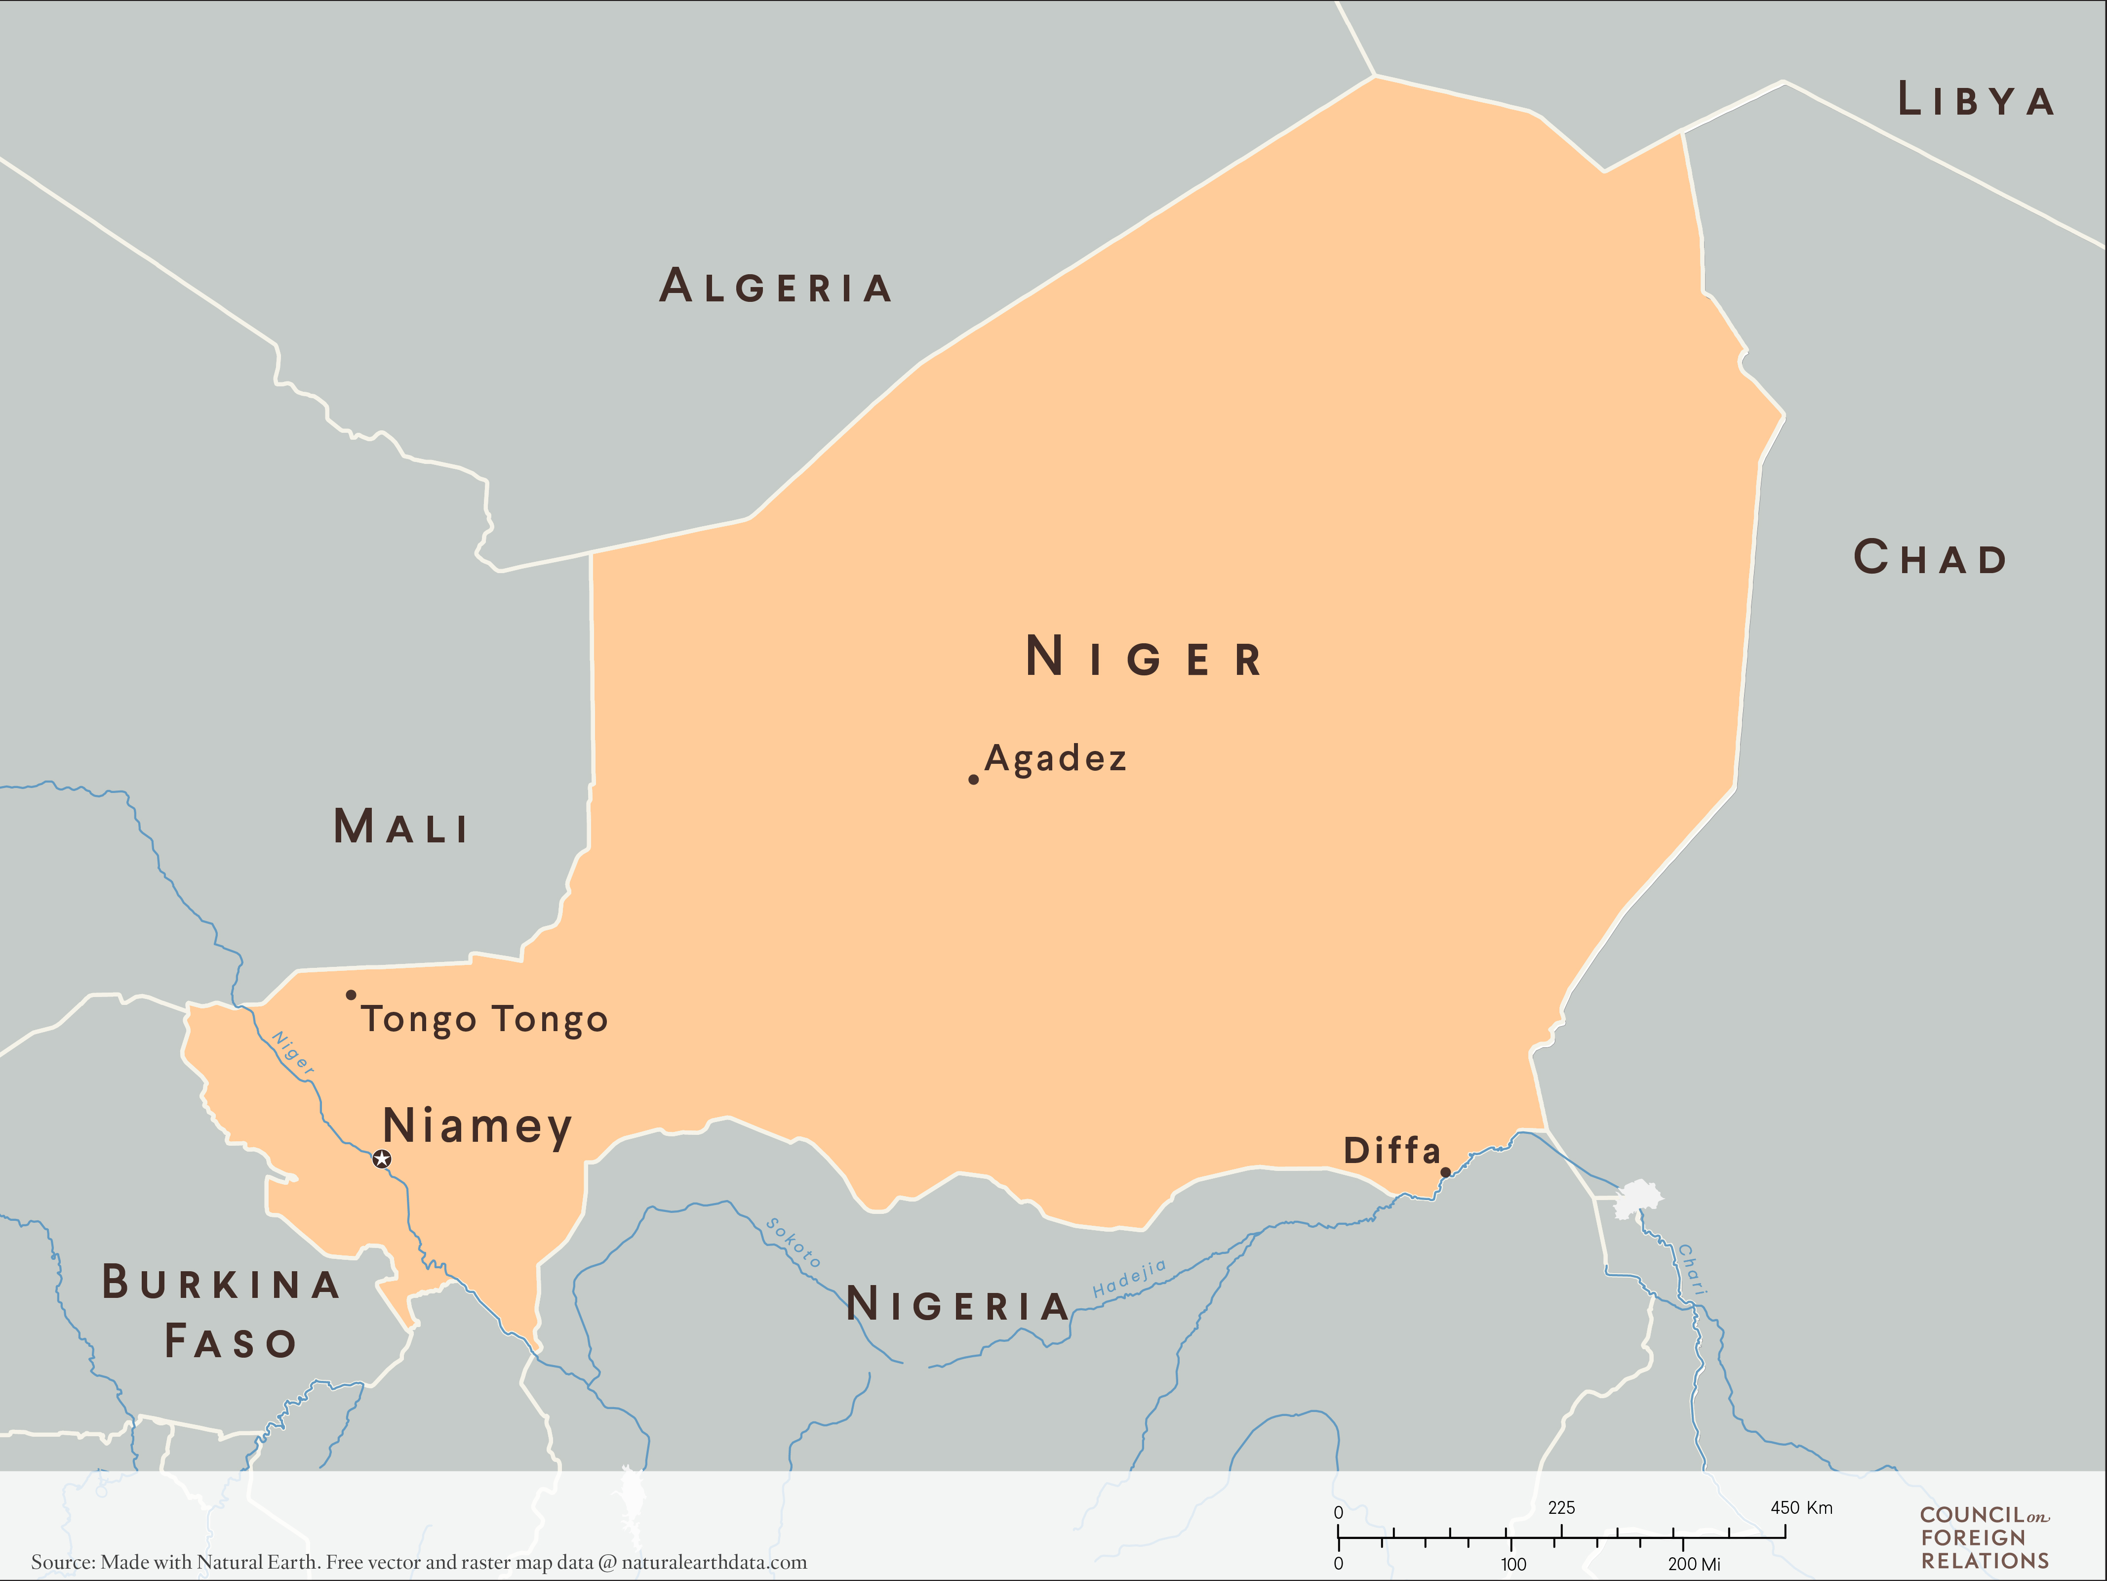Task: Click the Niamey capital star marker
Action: coord(382,1159)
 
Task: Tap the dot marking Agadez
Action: coord(973,780)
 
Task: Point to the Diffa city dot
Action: coord(1445,1172)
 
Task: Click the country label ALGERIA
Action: coord(776,286)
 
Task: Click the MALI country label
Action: coord(401,826)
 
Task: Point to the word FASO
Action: coord(231,1342)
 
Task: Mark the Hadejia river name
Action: coord(1130,1279)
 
